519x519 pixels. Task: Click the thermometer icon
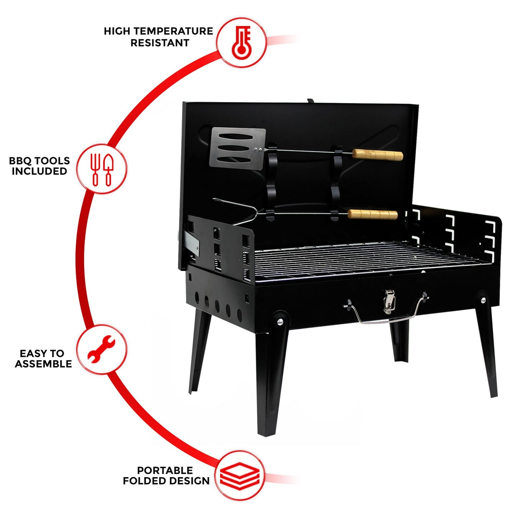click(241, 42)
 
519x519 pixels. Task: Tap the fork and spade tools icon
click(102, 169)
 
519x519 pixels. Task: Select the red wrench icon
click(102, 349)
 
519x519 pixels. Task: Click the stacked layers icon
click(240, 476)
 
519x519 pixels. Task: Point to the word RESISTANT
click(160, 43)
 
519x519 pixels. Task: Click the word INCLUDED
click(40, 171)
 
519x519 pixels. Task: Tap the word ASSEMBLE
click(43, 364)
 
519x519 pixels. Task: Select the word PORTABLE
click(165, 470)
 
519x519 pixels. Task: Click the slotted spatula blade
click(237, 147)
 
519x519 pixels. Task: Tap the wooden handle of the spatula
click(377, 155)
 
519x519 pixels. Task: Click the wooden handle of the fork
click(373, 214)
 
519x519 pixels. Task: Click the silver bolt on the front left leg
click(279, 322)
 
